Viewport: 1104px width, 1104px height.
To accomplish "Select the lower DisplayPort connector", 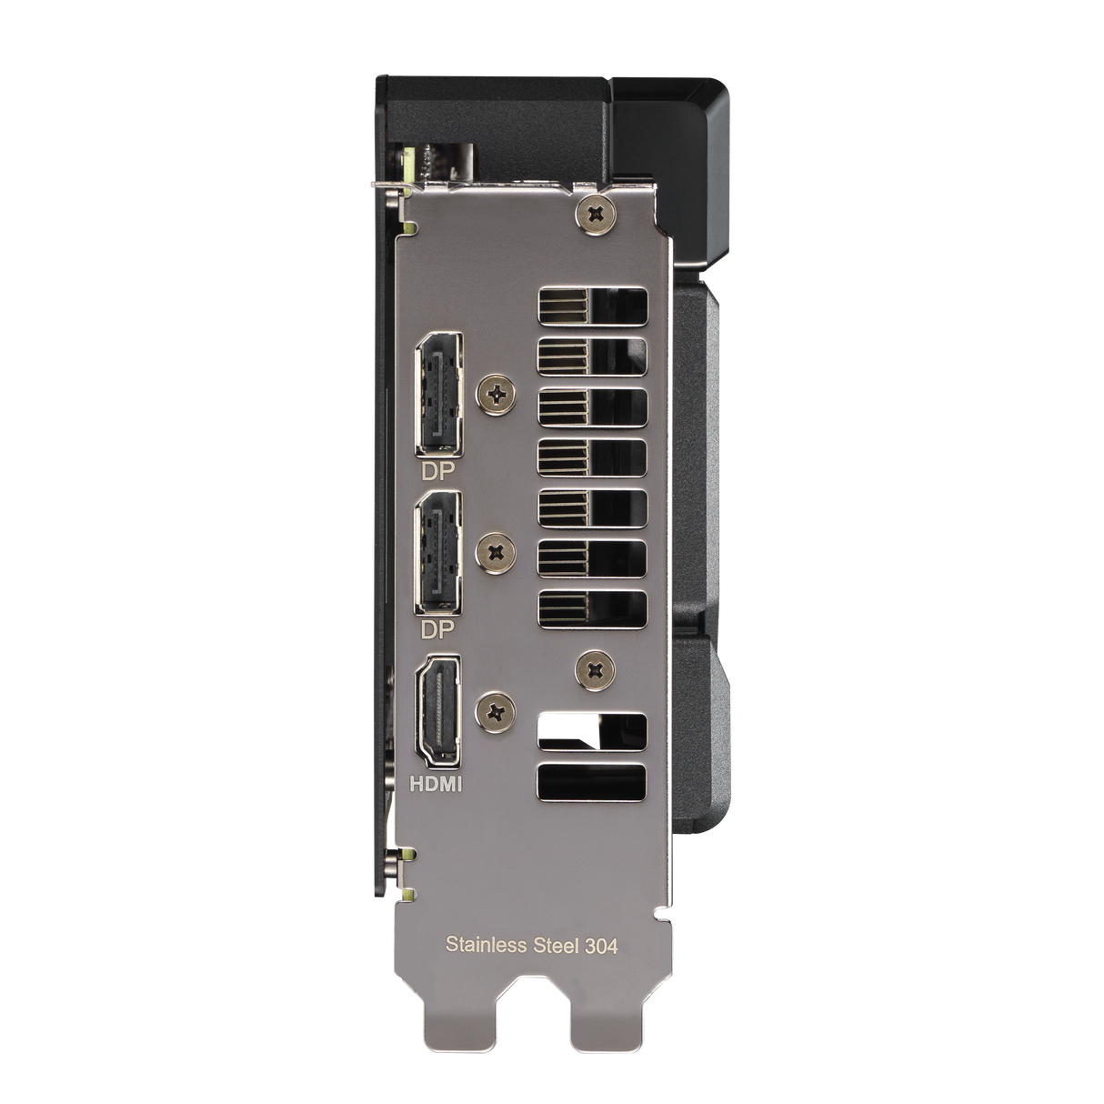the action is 439,555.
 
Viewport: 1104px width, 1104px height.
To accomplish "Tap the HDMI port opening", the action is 438,711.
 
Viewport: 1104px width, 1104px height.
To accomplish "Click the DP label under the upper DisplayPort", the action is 437,471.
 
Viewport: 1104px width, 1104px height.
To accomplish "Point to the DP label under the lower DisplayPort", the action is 437,629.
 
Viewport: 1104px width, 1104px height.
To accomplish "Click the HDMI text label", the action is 437,783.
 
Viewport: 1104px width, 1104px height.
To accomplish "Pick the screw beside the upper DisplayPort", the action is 497,393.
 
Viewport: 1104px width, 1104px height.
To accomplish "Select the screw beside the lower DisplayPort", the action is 497,552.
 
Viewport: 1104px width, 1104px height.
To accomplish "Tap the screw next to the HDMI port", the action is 497,711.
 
